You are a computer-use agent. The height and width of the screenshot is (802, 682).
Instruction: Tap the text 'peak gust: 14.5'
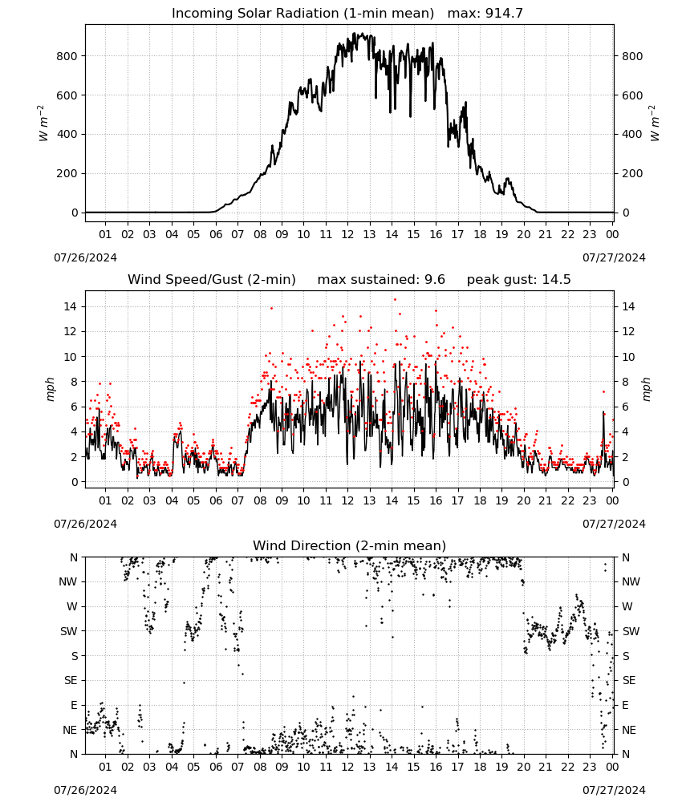tap(518, 279)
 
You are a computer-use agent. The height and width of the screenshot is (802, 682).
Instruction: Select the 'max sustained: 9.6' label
tap(381, 279)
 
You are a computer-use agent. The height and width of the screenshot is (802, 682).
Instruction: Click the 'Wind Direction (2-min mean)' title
tap(350, 545)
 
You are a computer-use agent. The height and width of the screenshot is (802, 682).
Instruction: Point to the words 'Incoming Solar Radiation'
tap(255, 13)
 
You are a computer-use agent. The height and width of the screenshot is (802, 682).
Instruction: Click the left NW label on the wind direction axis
tap(67, 581)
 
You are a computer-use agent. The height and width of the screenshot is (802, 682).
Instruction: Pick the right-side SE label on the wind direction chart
tap(629, 680)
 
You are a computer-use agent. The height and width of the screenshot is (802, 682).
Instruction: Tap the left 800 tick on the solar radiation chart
tap(67, 56)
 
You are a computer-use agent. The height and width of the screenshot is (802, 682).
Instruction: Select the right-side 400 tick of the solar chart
tap(632, 134)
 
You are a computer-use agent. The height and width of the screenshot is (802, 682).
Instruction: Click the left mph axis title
tap(50, 389)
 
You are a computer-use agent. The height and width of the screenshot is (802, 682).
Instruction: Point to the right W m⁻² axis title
tap(655, 124)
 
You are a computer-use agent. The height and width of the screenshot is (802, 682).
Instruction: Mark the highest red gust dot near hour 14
tap(395, 300)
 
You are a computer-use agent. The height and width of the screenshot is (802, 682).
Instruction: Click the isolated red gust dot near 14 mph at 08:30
tap(271, 308)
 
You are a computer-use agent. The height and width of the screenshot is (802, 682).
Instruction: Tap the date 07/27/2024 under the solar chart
tap(614, 257)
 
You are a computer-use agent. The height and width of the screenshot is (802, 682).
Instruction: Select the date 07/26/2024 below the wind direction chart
tap(85, 790)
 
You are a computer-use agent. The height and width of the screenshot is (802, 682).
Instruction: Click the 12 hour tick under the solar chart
tap(347, 234)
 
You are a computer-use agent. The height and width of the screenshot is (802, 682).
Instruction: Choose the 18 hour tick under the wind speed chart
tap(480, 500)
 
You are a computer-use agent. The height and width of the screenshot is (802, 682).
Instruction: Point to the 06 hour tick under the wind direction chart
tap(215, 767)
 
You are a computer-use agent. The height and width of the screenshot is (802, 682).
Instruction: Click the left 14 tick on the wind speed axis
tap(71, 306)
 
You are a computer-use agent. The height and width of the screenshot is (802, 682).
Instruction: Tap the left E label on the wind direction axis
tap(74, 705)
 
